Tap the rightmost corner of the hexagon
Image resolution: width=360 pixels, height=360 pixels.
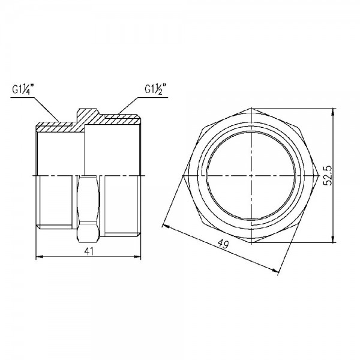(x=317, y=176)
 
